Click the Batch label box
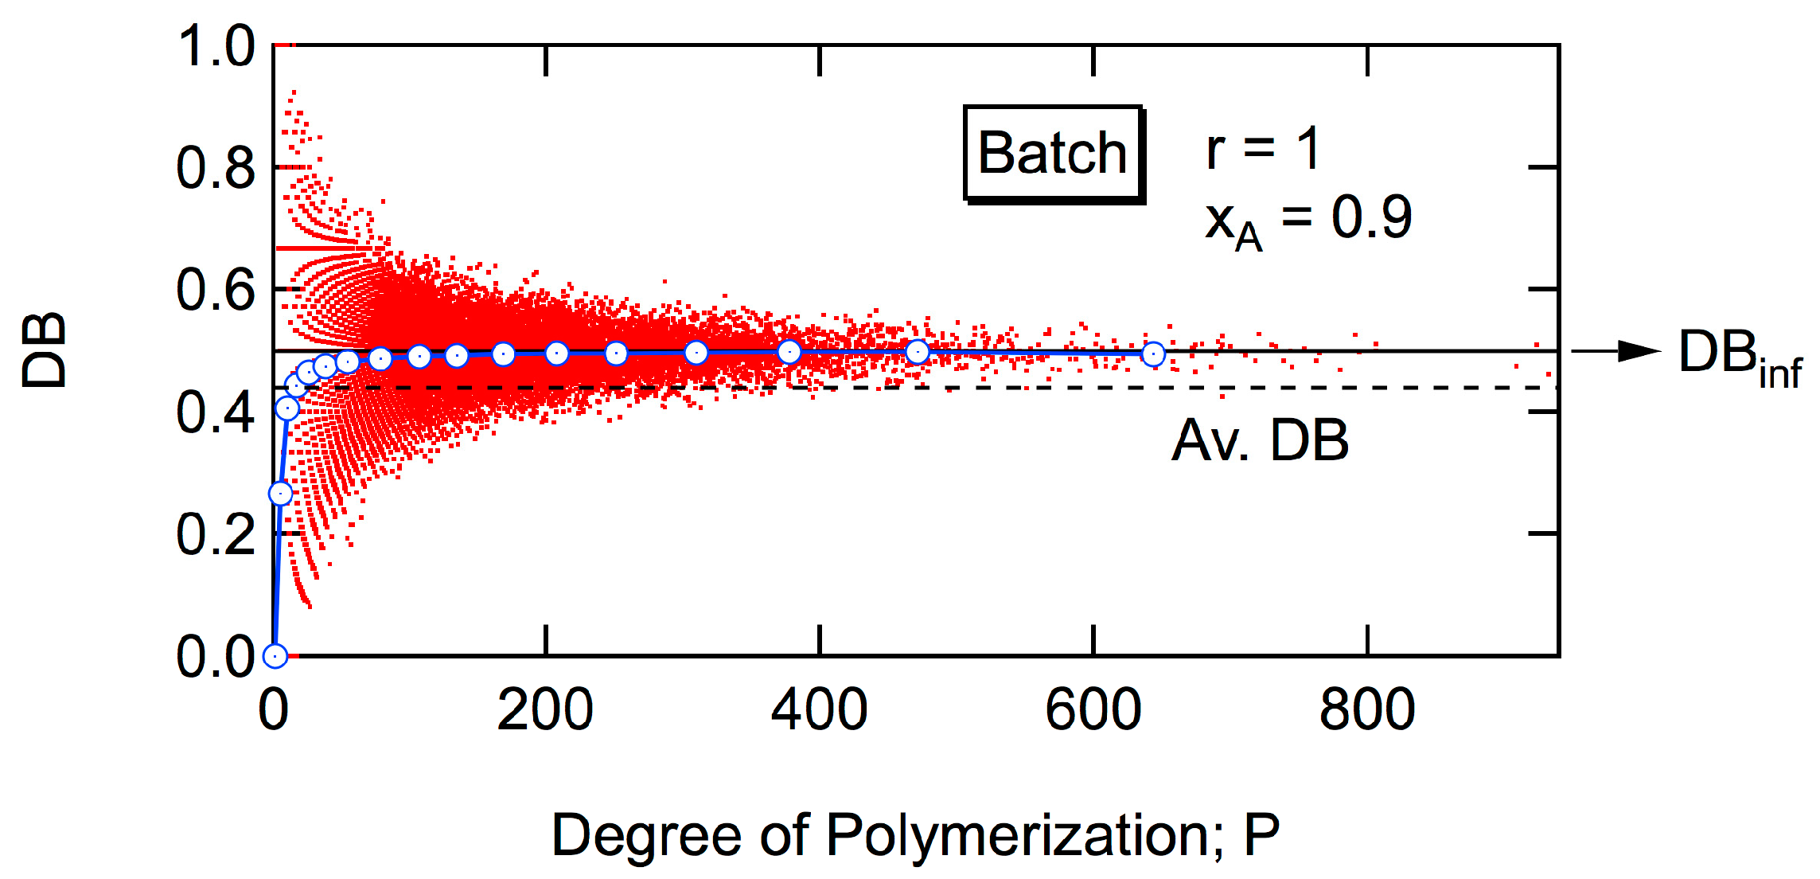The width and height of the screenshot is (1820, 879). click(1052, 153)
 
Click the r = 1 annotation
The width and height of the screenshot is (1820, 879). click(1263, 149)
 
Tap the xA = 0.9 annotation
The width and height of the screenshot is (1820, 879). click(1308, 221)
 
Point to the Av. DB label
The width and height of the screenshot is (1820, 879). click(1260, 440)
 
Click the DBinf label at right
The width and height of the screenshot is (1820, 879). click(1739, 357)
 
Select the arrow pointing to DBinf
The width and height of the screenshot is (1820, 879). click(1615, 351)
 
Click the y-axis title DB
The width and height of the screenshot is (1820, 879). click(44, 350)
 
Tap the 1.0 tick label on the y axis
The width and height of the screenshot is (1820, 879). click(215, 46)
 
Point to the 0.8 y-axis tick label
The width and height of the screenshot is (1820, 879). click(215, 169)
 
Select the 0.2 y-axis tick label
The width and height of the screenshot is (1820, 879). click(215, 534)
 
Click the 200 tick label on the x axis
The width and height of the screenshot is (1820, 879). click(545, 709)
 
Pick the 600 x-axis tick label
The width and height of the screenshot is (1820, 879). click(1093, 709)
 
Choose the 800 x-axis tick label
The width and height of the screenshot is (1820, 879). click(1366, 709)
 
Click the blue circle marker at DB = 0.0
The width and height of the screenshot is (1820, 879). click(275, 655)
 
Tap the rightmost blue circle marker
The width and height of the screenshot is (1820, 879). click(1153, 354)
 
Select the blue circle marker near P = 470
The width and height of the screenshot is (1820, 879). click(918, 352)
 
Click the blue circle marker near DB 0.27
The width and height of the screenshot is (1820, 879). click(280, 494)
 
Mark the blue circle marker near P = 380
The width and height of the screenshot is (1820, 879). click(789, 351)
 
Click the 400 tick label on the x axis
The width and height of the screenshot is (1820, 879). click(819, 709)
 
